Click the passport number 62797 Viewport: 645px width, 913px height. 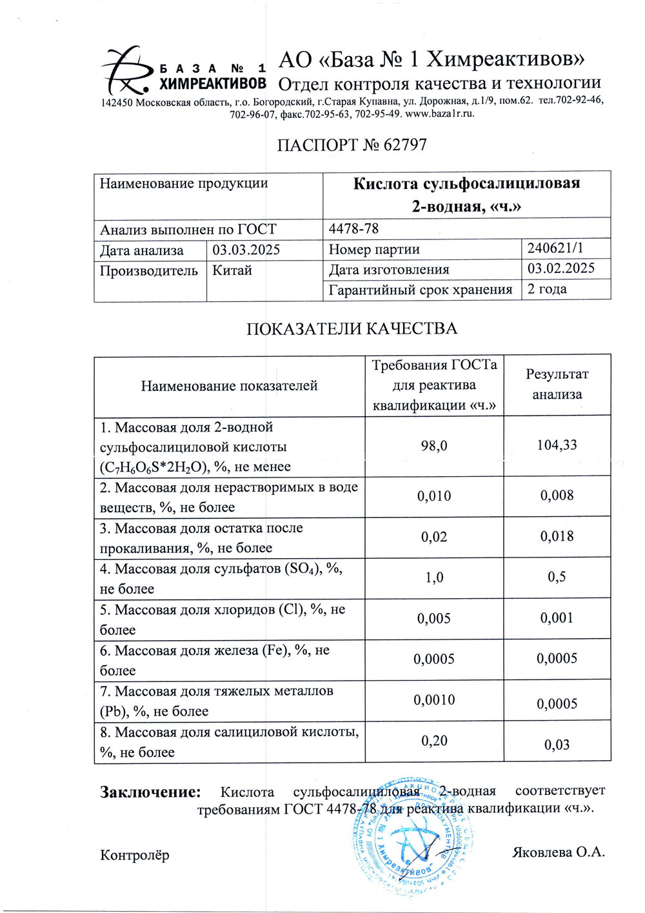(405, 145)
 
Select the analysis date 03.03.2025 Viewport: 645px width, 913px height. (246, 250)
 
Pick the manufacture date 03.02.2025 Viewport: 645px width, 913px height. (561, 268)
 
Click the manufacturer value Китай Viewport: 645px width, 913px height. (232, 270)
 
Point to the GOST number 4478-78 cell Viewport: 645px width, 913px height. (353, 228)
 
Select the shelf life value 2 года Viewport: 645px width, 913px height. (547, 288)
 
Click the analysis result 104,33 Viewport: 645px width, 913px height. (557, 445)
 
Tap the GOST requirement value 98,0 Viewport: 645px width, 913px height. (434, 445)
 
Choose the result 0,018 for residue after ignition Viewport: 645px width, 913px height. (557, 536)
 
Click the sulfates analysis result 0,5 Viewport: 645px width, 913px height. (557, 576)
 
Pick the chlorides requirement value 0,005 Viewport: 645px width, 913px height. (434, 618)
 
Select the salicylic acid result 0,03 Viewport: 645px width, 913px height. (557, 745)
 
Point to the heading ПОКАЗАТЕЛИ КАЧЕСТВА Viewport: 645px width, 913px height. (352, 328)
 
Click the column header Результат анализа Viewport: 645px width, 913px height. (557, 384)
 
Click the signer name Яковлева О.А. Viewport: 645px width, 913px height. (559, 852)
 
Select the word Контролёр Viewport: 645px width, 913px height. (135, 855)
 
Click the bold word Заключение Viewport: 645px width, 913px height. (150, 792)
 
